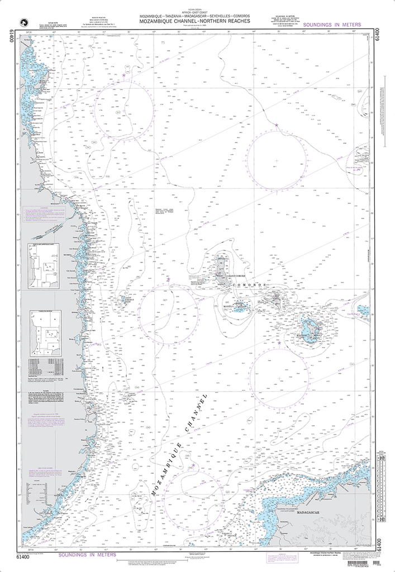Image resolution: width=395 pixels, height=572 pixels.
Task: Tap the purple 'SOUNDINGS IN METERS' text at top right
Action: click(x=331, y=26)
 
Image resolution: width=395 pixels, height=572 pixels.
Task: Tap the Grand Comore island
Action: click(x=223, y=269)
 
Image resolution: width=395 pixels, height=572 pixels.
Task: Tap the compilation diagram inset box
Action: click(x=44, y=333)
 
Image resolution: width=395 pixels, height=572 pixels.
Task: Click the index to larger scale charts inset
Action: click(x=44, y=266)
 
